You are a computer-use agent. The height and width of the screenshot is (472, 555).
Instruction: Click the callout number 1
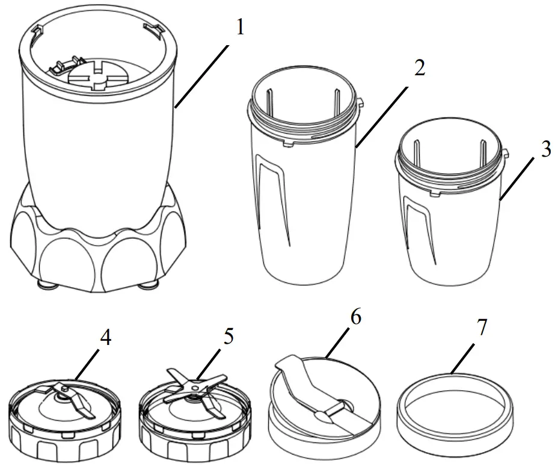pos(240,28)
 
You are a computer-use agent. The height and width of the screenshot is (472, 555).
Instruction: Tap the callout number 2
pos(420,69)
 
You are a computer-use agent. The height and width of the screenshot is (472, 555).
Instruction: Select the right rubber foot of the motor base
pos(146,284)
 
